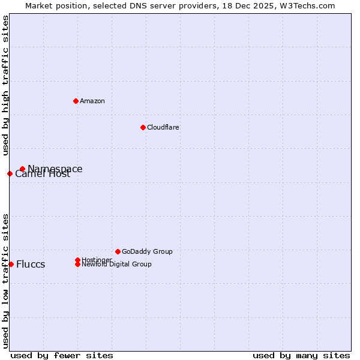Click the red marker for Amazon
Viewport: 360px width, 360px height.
point(76,101)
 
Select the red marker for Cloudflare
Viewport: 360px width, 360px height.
point(143,127)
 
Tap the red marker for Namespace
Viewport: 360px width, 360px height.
point(22,169)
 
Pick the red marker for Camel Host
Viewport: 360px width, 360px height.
point(10,173)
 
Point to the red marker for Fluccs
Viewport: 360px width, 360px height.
point(11,264)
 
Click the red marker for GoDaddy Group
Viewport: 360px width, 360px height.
point(118,251)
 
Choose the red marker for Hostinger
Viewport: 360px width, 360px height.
point(77,260)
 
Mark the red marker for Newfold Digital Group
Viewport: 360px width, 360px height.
point(77,264)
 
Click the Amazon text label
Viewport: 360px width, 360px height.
point(92,101)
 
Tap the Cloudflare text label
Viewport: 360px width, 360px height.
point(163,127)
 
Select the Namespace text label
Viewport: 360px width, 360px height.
point(55,169)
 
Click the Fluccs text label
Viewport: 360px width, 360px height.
point(31,265)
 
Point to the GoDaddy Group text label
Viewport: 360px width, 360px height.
point(147,251)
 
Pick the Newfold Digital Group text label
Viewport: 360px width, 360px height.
point(116,265)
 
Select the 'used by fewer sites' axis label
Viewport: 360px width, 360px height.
point(62,355)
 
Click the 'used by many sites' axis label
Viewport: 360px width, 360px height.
point(301,355)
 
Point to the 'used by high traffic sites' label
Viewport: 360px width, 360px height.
point(5,85)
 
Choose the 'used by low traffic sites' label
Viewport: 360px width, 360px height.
point(5,280)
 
